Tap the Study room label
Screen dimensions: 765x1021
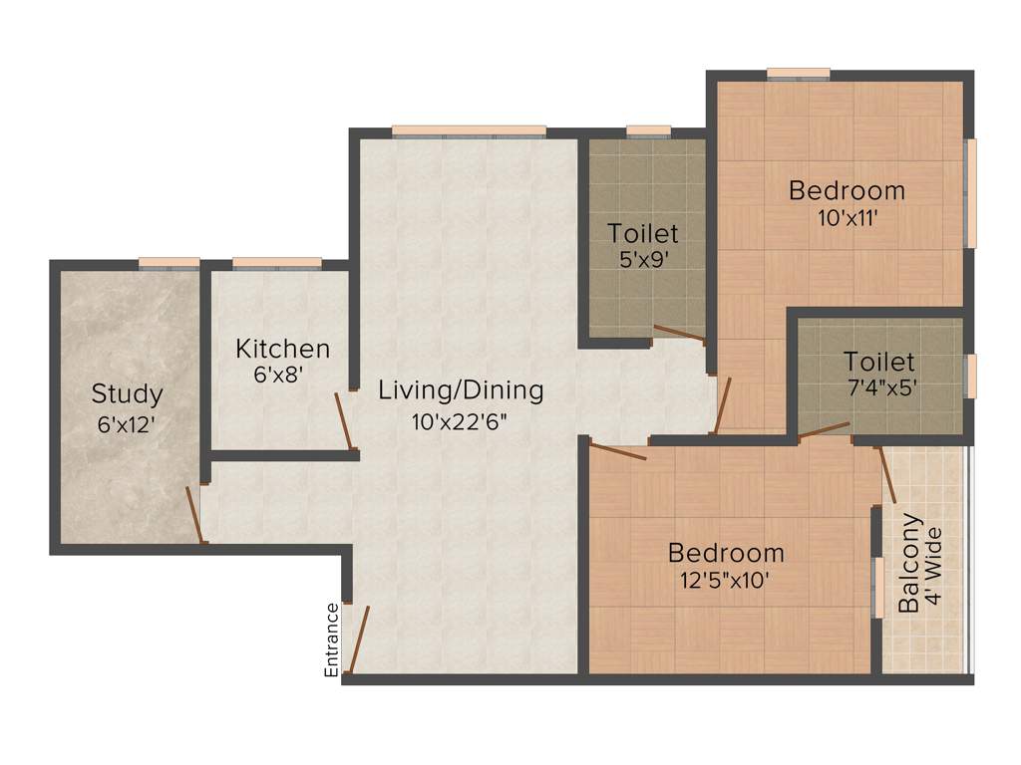click(127, 393)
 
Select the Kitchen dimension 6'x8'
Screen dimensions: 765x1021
click(277, 376)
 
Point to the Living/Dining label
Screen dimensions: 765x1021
click(461, 390)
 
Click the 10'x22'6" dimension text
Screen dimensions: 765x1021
click(461, 421)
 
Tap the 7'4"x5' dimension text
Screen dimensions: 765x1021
click(878, 387)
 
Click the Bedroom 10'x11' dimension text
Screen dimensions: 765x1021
click(847, 219)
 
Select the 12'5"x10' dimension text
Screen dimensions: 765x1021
click(726, 582)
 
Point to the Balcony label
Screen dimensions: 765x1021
click(908, 564)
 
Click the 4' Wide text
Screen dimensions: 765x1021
click(934, 564)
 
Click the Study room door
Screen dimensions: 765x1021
click(195, 514)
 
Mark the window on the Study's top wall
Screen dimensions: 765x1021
click(169, 263)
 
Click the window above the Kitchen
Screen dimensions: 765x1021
click(276, 263)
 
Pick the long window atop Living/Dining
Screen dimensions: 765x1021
click(469, 130)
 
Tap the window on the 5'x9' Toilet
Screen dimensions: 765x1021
click(648, 130)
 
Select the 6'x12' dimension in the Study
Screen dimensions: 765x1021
click(127, 423)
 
